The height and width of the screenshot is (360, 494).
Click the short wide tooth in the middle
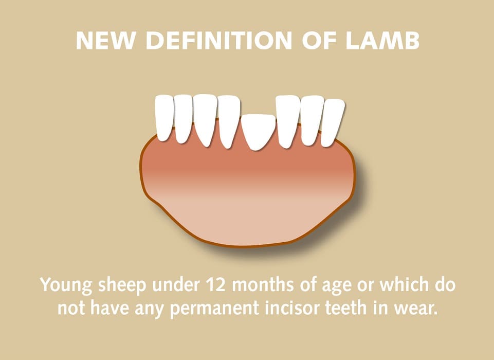click(x=258, y=131)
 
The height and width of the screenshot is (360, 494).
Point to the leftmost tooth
click(x=164, y=117)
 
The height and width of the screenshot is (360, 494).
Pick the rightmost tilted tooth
click(x=332, y=121)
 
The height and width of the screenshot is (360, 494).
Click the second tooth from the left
click(x=183, y=118)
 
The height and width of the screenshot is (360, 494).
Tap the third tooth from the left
click(x=205, y=119)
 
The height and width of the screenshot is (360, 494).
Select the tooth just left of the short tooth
click(x=228, y=121)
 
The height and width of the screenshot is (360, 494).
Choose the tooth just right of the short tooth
click(x=287, y=121)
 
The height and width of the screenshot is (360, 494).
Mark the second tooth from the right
click(x=312, y=120)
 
